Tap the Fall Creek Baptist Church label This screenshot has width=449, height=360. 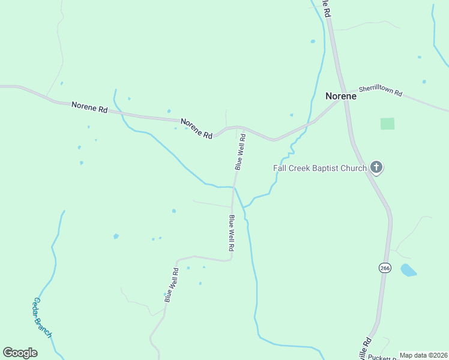coord(319,168)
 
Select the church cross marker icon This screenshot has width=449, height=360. coord(376,167)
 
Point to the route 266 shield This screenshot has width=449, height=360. coord(385,268)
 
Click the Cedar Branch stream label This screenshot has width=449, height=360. coord(43,317)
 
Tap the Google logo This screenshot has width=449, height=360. coord(20,353)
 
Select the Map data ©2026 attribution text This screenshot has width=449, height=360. coord(423,355)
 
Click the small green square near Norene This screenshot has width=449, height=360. coord(388,124)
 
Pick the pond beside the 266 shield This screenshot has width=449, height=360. coord(408,270)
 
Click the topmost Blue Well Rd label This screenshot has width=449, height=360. coord(241,151)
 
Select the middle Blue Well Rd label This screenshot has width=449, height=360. coord(231,233)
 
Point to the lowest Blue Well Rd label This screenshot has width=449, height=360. coord(172,285)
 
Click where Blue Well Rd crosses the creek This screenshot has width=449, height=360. coord(235,187)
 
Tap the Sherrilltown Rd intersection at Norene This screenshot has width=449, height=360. coord(344,101)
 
